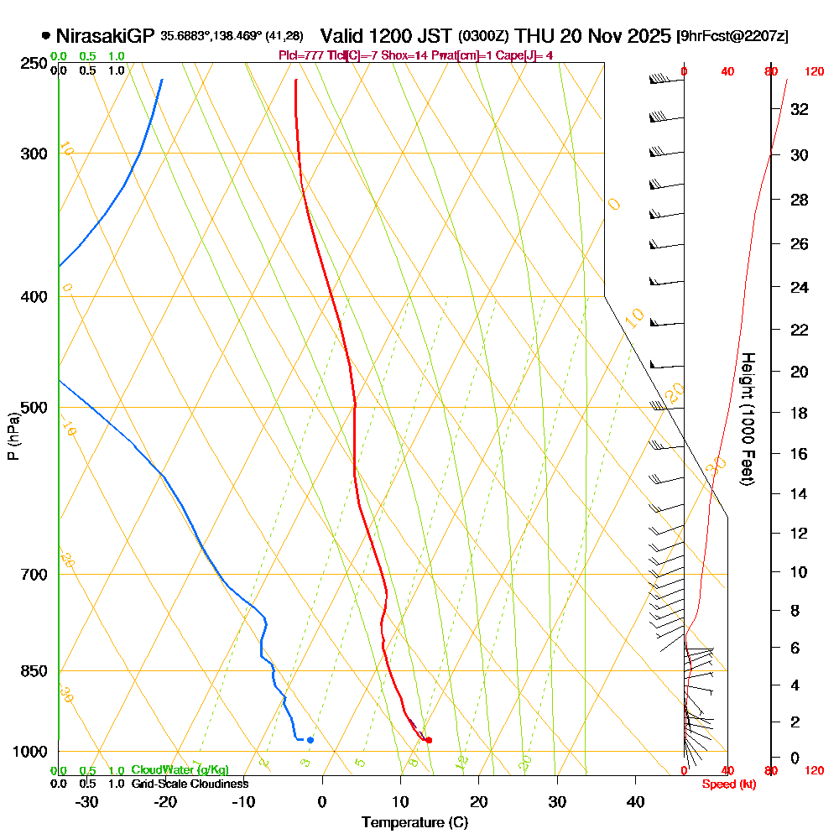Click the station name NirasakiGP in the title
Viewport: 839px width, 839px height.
tap(105, 36)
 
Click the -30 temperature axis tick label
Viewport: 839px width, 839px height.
tap(86, 802)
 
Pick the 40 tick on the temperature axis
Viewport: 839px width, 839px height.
tap(636, 802)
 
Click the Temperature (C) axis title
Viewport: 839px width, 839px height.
tap(414, 823)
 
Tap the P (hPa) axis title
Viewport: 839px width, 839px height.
tap(13, 436)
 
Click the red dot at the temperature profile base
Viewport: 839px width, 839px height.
tap(429, 740)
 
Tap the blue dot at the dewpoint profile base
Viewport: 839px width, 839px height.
tap(310, 740)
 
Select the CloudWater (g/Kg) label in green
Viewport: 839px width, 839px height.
tap(180, 770)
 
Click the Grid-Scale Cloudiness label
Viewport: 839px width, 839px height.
tap(190, 784)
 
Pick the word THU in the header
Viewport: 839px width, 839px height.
tap(533, 36)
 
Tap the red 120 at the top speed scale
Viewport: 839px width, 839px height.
tap(814, 72)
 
